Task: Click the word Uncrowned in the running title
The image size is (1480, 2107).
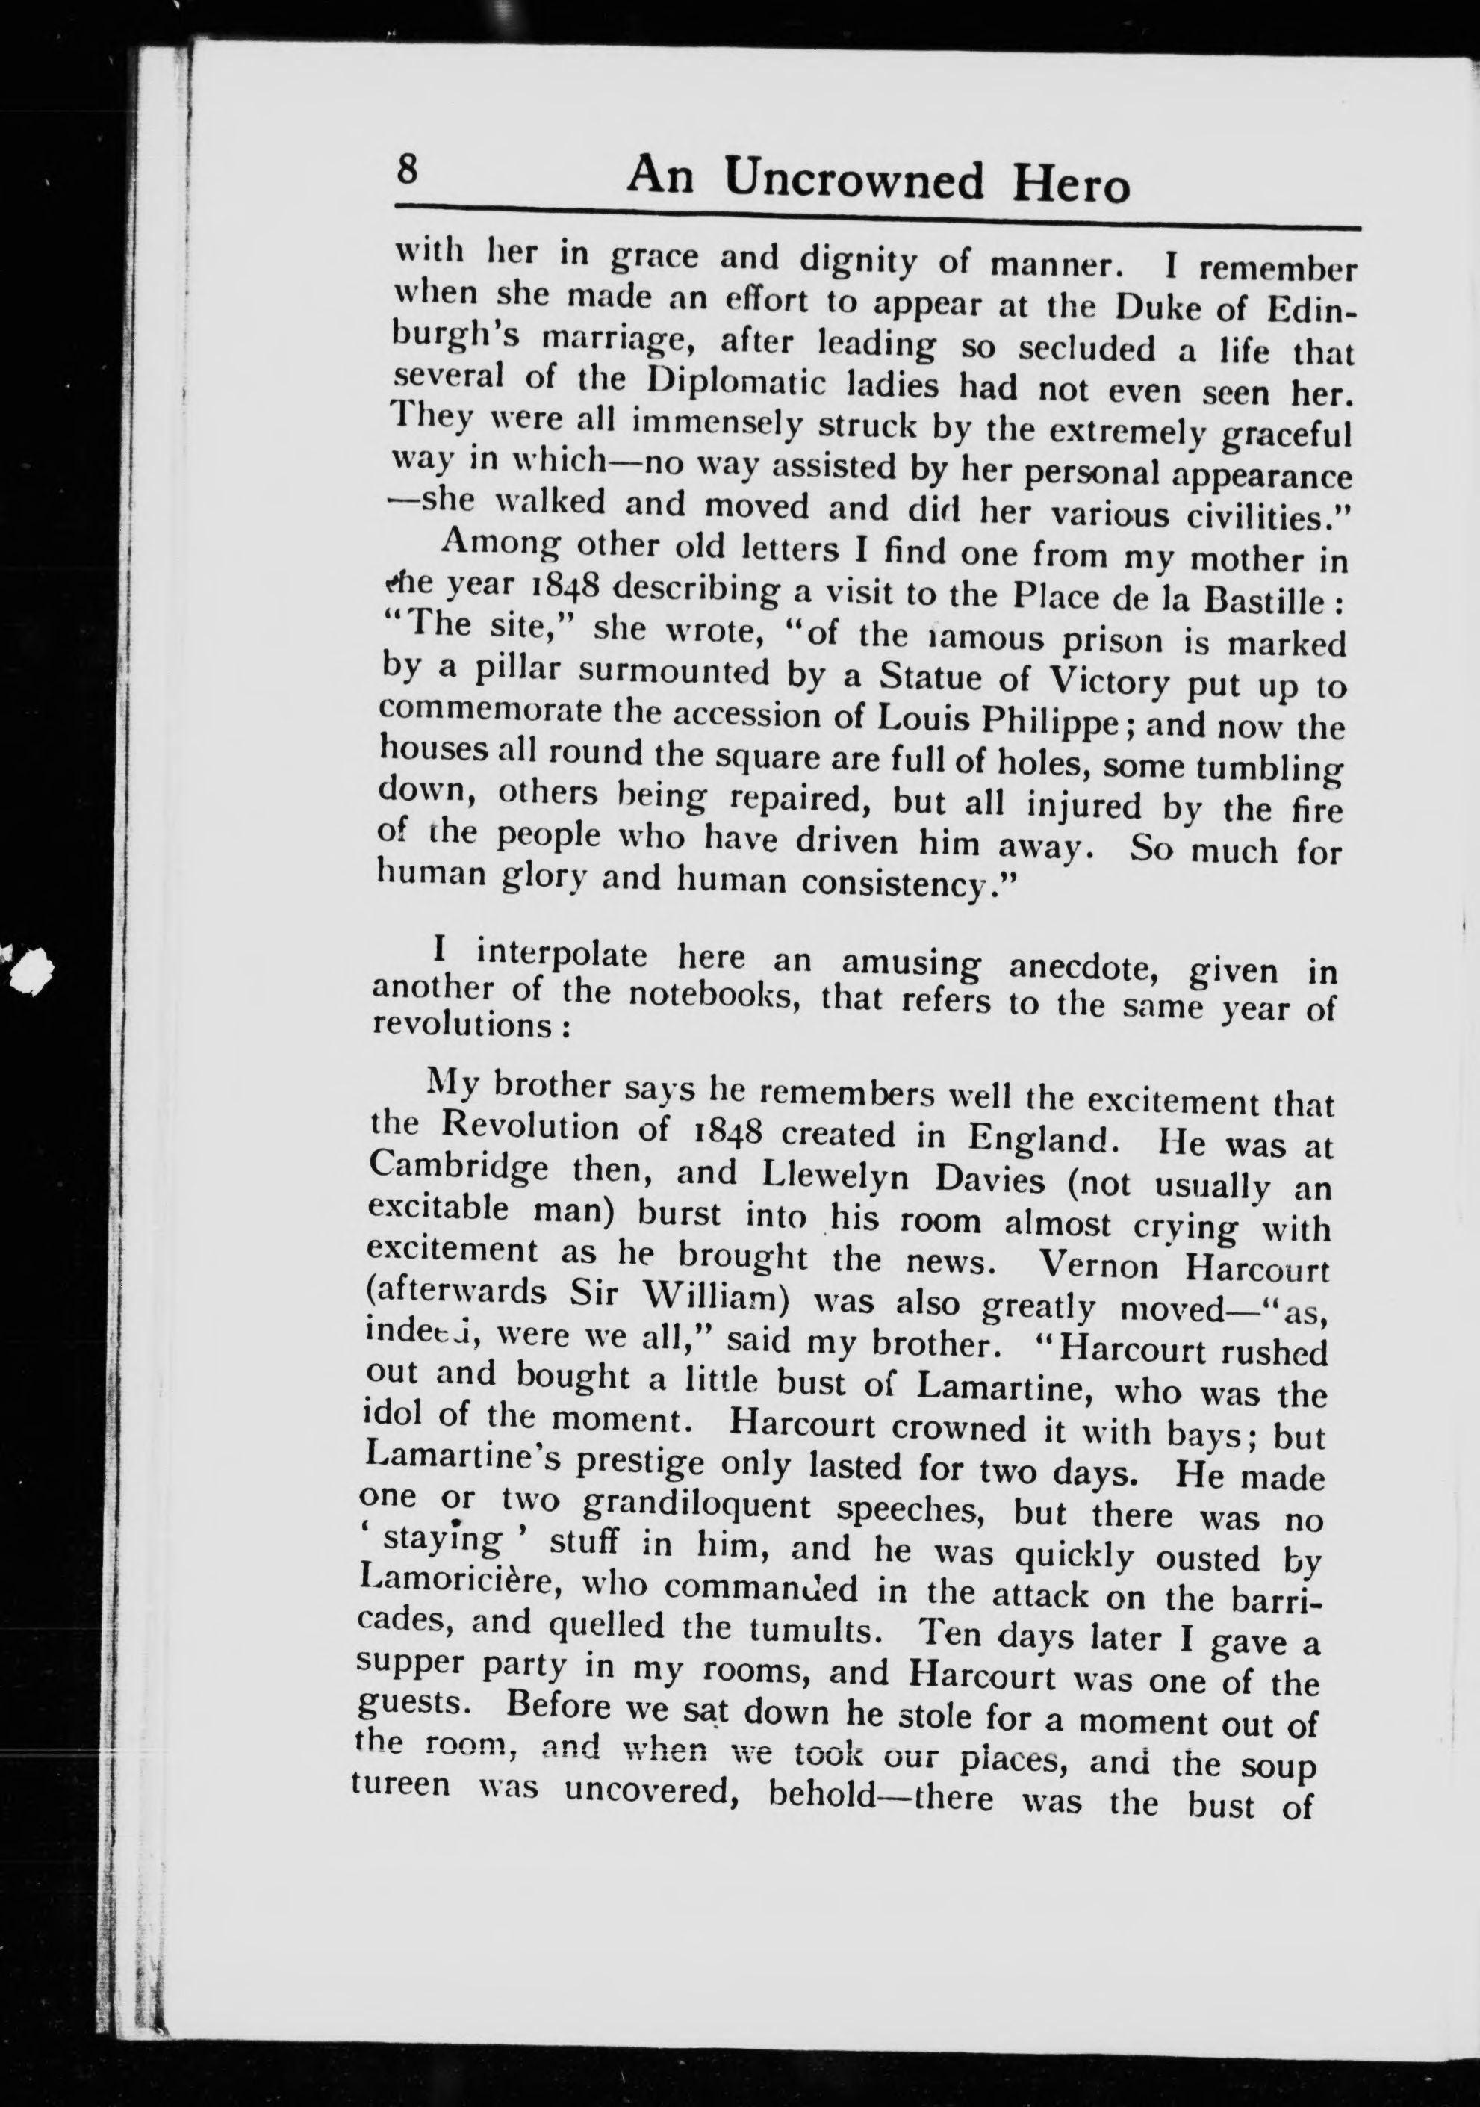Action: tap(853, 179)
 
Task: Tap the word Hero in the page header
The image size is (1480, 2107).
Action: tap(1071, 184)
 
